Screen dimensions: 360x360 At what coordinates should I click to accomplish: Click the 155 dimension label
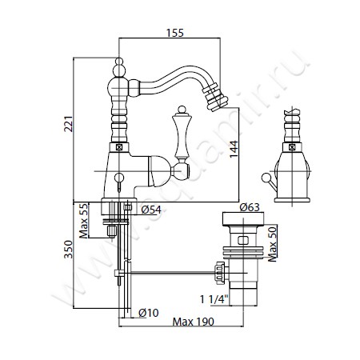pyautogui.click(x=175, y=33)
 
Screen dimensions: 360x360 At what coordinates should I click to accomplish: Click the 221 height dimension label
pyautogui.click(x=69, y=124)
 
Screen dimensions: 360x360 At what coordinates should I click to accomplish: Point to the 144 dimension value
pyautogui.click(x=234, y=149)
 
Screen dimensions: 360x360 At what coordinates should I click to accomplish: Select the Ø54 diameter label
pyautogui.click(x=151, y=210)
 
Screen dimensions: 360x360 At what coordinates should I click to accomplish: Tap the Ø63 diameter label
pyautogui.click(x=250, y=207)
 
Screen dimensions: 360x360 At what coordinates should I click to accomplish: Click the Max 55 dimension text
pyautogui.click(x=83, y=221)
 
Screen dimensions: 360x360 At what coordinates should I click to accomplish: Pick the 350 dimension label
pyautogui.click(x=69, y=249)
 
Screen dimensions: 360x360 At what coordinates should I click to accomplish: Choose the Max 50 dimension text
pyautogui.click(x=272, y=243)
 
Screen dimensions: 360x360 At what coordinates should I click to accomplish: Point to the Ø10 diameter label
pyautogui.click(x=149, y=312)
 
